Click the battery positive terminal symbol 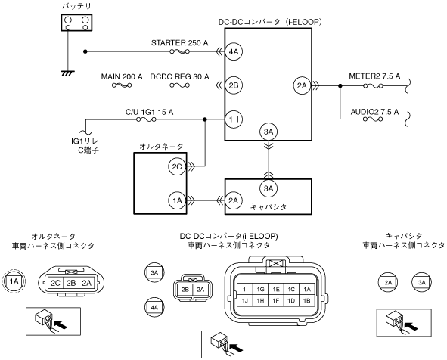[85, 20]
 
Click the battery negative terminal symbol [68, 20]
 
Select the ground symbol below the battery [68, 73]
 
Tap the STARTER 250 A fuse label [179, 43]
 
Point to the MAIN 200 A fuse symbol [122, 85]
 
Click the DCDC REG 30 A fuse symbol [179, 85]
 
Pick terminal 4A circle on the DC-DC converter [234, 51]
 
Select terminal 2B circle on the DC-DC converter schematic [234, 85]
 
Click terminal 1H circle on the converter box [234, 119]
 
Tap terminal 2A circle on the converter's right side [302, 85]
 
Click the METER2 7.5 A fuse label [374, 76]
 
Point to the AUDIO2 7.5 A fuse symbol [373, 119]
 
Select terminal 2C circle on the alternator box [177, 166]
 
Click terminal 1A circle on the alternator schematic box [177, 200]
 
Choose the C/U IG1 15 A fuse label [150, 112]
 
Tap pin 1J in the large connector [245, 300]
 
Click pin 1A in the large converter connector [307, 290]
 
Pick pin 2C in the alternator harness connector [55, 283]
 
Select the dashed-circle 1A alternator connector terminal [14, 281]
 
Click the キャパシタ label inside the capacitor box [269, 207]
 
